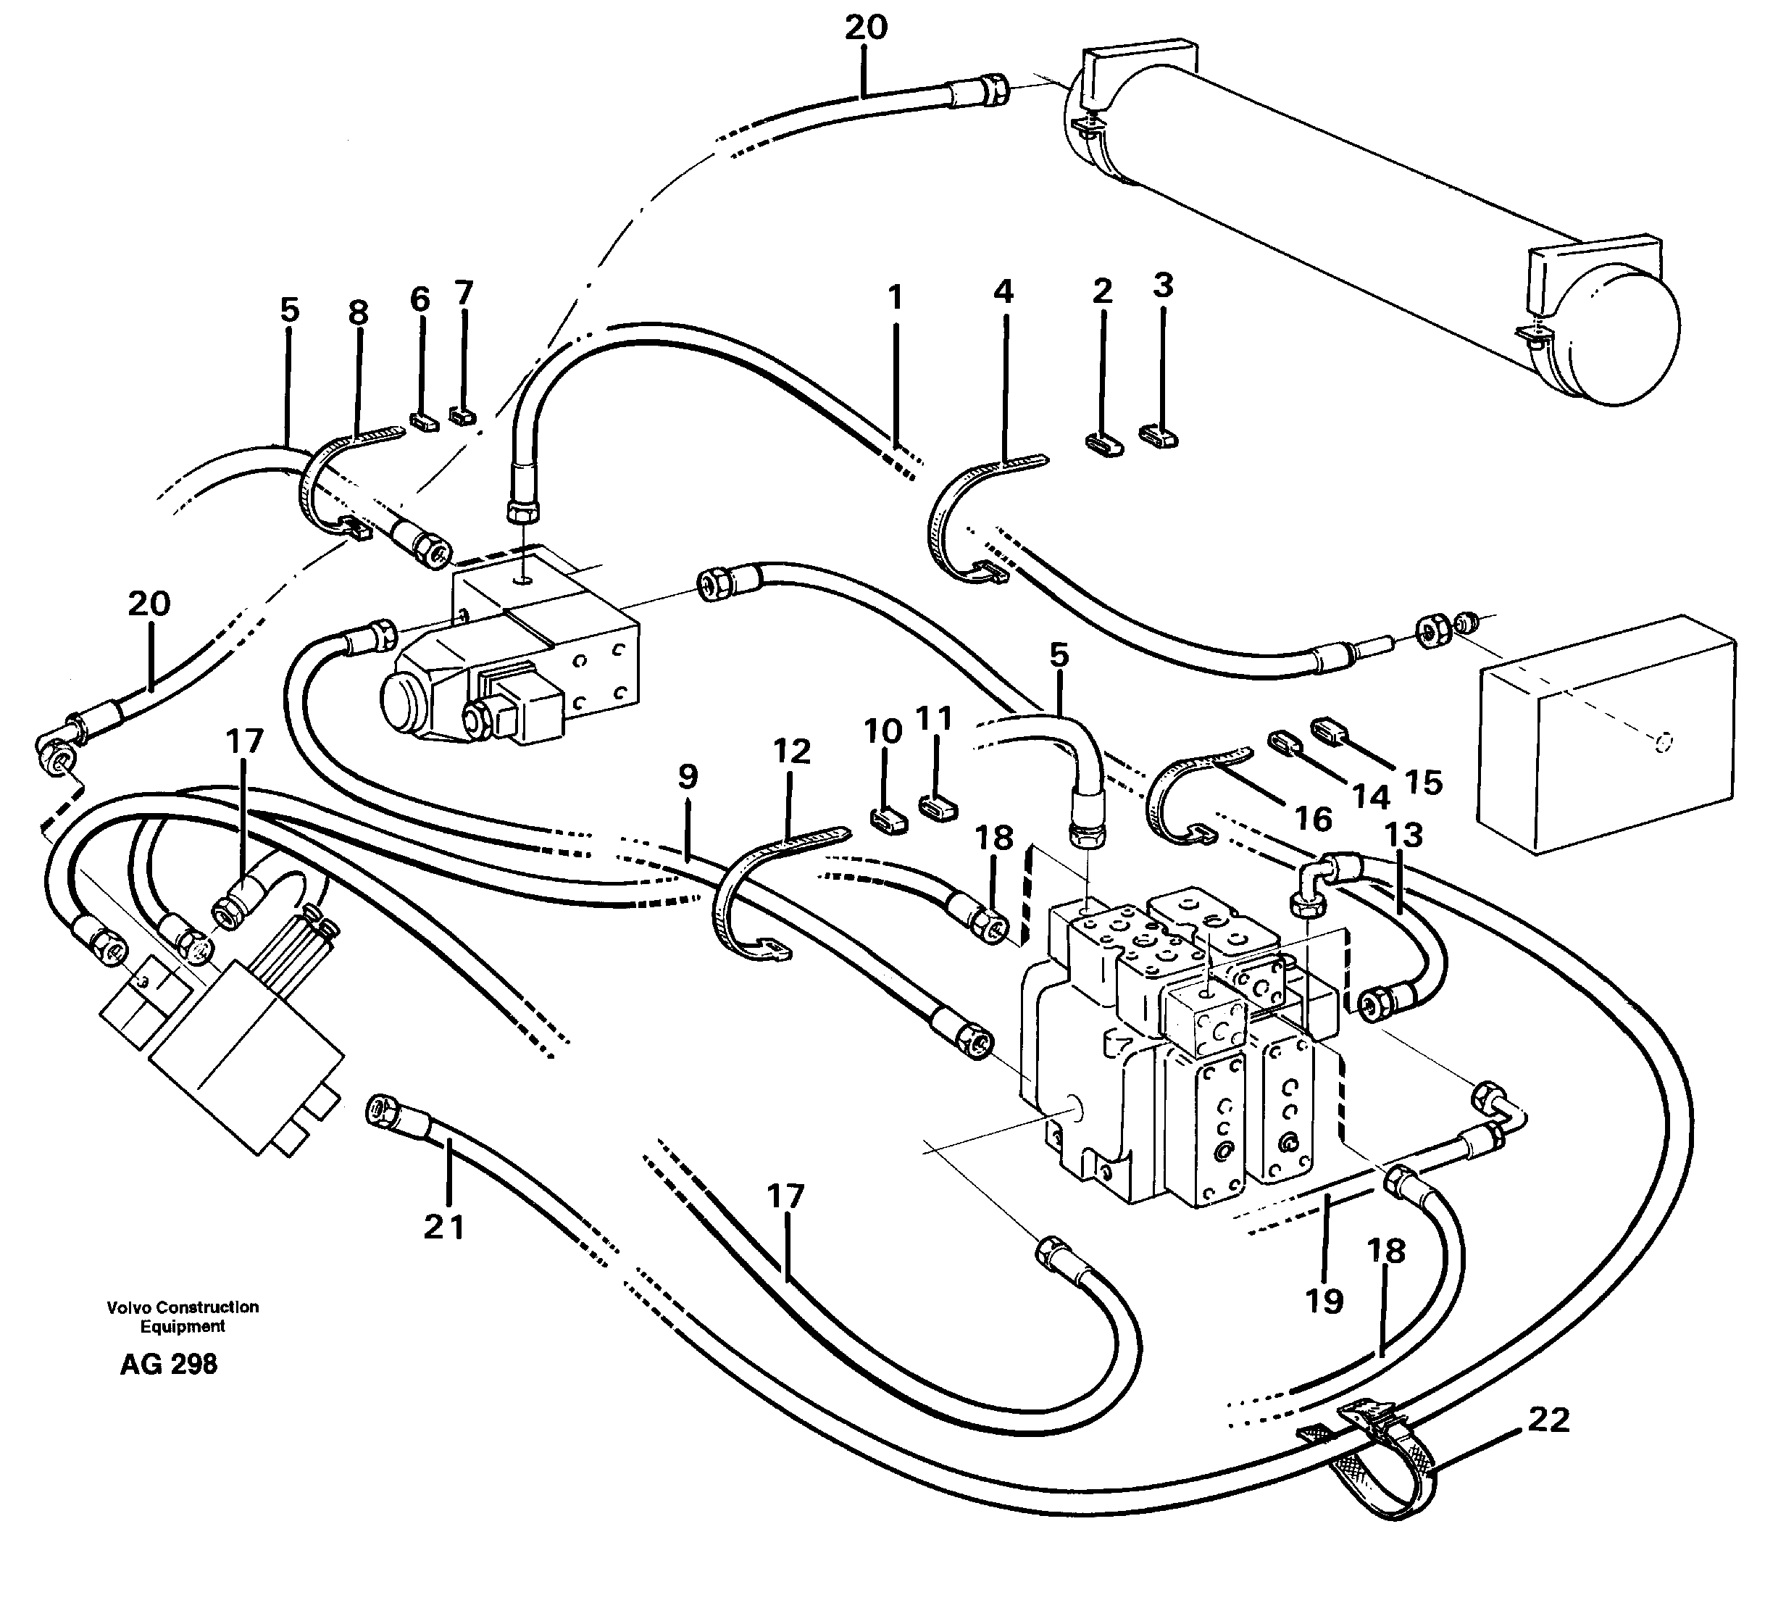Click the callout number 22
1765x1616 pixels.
point(1547,1420)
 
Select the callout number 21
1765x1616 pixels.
point(444,1228)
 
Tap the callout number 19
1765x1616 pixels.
point(1324,1301)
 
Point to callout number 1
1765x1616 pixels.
point(894,299)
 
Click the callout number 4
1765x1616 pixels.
point(1003,291)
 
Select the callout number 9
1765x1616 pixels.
point(688,777)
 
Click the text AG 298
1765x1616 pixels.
point(169,1364)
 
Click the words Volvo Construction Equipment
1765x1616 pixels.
point(183,1317)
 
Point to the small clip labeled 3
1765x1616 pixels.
point(1159,434)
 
